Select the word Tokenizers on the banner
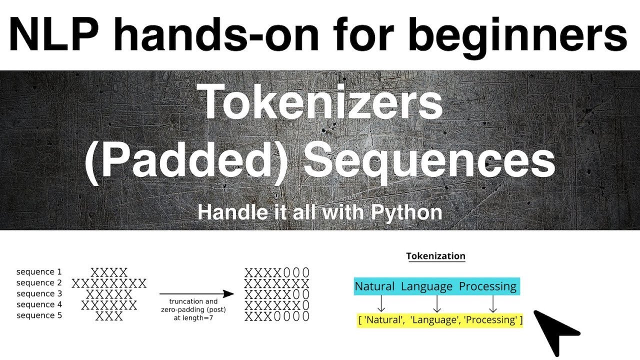pos(321,102)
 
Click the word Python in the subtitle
pos(406,212)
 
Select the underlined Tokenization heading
pos(435,256)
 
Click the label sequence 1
pos(39,272)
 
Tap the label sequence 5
pos(39,315)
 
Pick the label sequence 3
pos(39,293)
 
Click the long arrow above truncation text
pos(196,294)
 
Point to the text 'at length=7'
pos(193,317)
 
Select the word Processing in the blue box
pos(487,286)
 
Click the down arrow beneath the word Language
pos(437,303)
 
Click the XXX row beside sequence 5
pos(109,316)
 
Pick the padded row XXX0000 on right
pos(276,316)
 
